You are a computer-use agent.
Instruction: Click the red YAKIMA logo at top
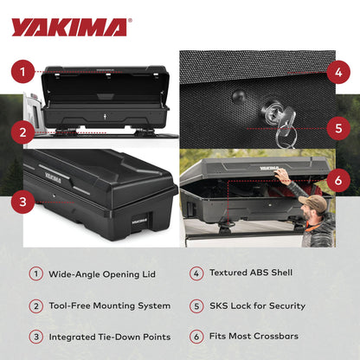(x=69, y=27)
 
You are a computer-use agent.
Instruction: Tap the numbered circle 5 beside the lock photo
(x=338, y=127)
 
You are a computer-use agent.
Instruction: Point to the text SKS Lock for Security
(x=257, y=305)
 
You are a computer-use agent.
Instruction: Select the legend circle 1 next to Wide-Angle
(x=36, y=273)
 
